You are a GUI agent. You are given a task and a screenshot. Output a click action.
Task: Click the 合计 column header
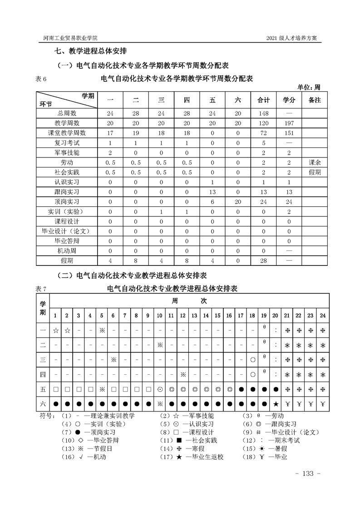click(264, 100)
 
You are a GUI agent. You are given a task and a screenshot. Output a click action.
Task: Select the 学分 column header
click(289, 100)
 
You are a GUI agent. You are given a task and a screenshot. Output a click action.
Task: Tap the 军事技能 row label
click(66, 152)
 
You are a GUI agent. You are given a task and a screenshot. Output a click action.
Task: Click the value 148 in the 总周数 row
click(264, 113)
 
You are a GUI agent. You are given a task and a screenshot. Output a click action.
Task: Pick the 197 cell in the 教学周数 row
click(289, 123)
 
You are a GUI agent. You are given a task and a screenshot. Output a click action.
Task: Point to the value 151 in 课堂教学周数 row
click(289, 133)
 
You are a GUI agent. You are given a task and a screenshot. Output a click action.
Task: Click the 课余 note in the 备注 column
click(314, 162)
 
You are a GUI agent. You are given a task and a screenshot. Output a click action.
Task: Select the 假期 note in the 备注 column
click(314, 172)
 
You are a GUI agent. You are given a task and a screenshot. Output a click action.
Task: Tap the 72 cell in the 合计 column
click(264, 133)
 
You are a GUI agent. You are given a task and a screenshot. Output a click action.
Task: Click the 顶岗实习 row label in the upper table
click(66, 202)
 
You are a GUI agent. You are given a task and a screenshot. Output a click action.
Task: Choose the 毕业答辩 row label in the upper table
click(66, 241)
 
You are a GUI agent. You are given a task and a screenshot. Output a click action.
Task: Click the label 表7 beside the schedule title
click(41, 289)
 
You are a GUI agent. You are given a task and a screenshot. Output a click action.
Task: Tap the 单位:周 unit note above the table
click(309, 87)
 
